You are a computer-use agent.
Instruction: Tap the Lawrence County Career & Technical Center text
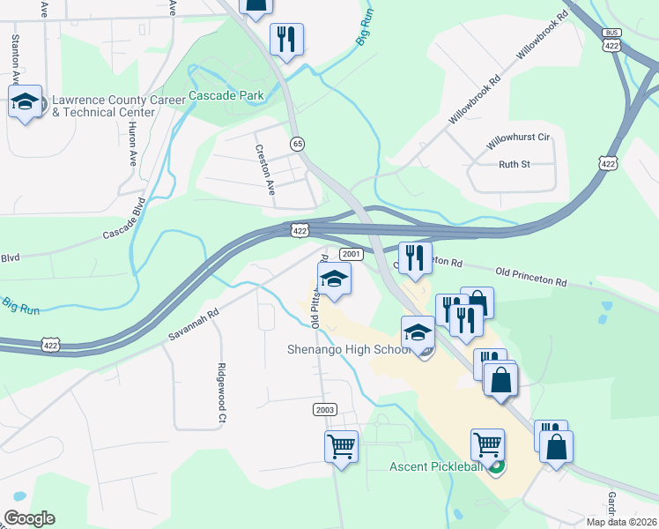click(x=119, y=106)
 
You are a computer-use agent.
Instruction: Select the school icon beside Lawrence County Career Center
click(x=26, y=101)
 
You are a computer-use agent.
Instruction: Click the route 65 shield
click(x=298, y=143)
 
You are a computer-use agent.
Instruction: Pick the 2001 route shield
click(x=351, y=254)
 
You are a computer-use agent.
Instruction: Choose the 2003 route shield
click(x=324, y=410)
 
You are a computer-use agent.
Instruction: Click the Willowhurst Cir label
click(x=518, y=138)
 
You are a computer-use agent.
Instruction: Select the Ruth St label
click(x=515, y=164)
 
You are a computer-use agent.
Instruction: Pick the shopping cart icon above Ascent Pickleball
click(x=487, y=444)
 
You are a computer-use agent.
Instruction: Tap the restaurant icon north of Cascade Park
click(x=286, y=39)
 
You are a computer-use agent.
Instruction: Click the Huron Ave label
click(x=133, y=144)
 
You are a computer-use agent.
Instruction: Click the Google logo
click(x=29, y=518)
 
